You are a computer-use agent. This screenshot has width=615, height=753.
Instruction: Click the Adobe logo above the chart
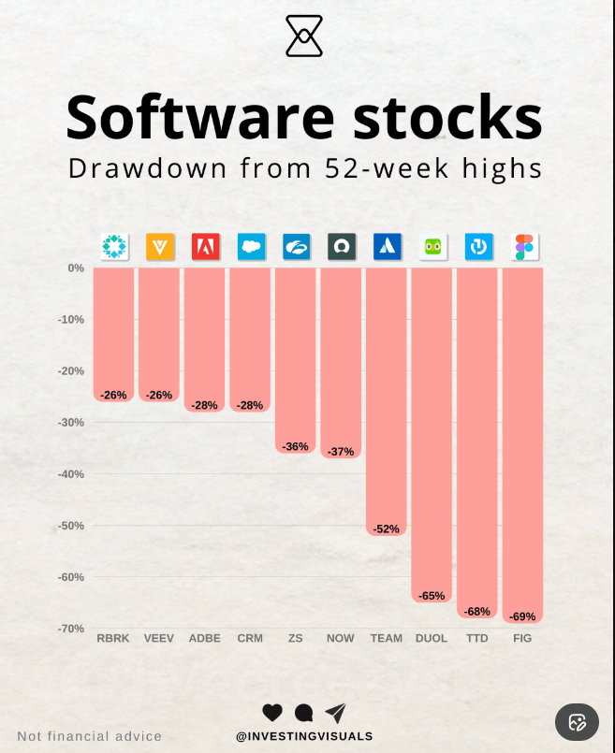(x=205, y=247)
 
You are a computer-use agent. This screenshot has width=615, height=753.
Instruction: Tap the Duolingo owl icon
(x=432, y=247)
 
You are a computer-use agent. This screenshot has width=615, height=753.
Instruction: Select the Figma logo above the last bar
(x=523, y=247)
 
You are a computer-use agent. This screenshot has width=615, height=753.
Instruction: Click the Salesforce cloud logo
(x=251, y=247)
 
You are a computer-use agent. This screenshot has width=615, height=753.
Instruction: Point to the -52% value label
(x=387, y=529)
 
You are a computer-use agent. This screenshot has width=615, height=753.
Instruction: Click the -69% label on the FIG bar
(x=523, y=616)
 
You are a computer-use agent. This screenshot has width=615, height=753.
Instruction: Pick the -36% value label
(x=296, y=447)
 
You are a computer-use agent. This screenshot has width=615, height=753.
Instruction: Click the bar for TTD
(x=477, y=440)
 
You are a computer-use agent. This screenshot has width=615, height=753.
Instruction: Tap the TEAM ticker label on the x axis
(x=387, y=638)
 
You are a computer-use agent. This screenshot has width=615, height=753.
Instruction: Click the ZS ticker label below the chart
(x=296, y=638)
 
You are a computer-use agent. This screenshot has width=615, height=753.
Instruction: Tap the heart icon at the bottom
(x=272, y=713)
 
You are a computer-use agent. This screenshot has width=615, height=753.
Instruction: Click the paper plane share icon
(x=335, y=713)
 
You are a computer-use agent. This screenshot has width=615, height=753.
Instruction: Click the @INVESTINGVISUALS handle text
(x=304, y=736)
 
